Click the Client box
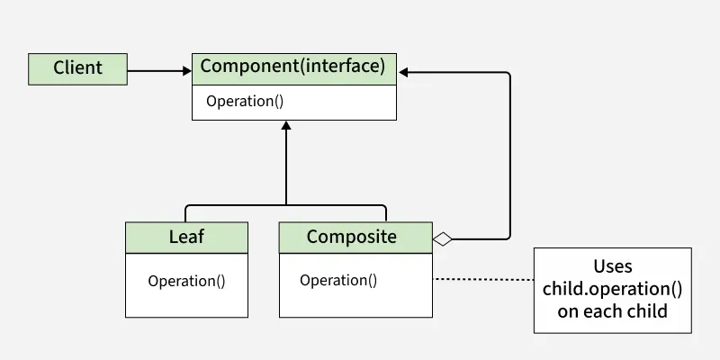click(x=77, y=67)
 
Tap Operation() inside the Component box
click(x=245, y=101)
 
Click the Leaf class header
click(x=186, y=238)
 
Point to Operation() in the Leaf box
click(x=186, y=280)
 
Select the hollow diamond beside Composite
click(x=442, y=238)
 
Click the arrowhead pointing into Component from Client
click(x=185, y=68)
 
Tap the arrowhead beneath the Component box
click(x=286, y=127)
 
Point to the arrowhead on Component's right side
click(x=404, y=71)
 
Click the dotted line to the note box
click(x=484, y=280)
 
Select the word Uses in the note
click(x=613, y=266)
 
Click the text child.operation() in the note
click(x=613, y=289)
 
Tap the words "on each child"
click(x=613, y=311)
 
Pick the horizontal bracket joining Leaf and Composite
click(x=286, y=205)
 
